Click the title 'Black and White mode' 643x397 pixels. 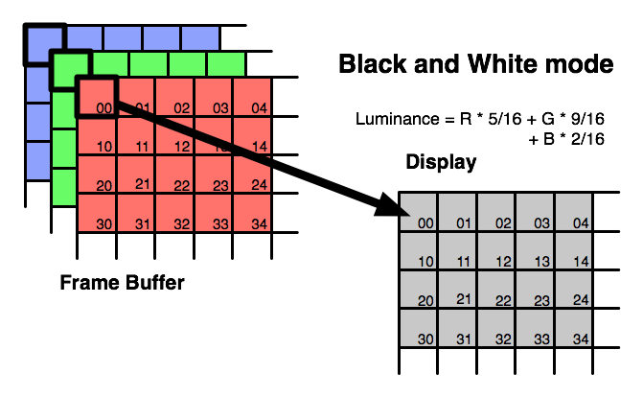475,65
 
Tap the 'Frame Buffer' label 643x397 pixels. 122,284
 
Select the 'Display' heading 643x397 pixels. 441,162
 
